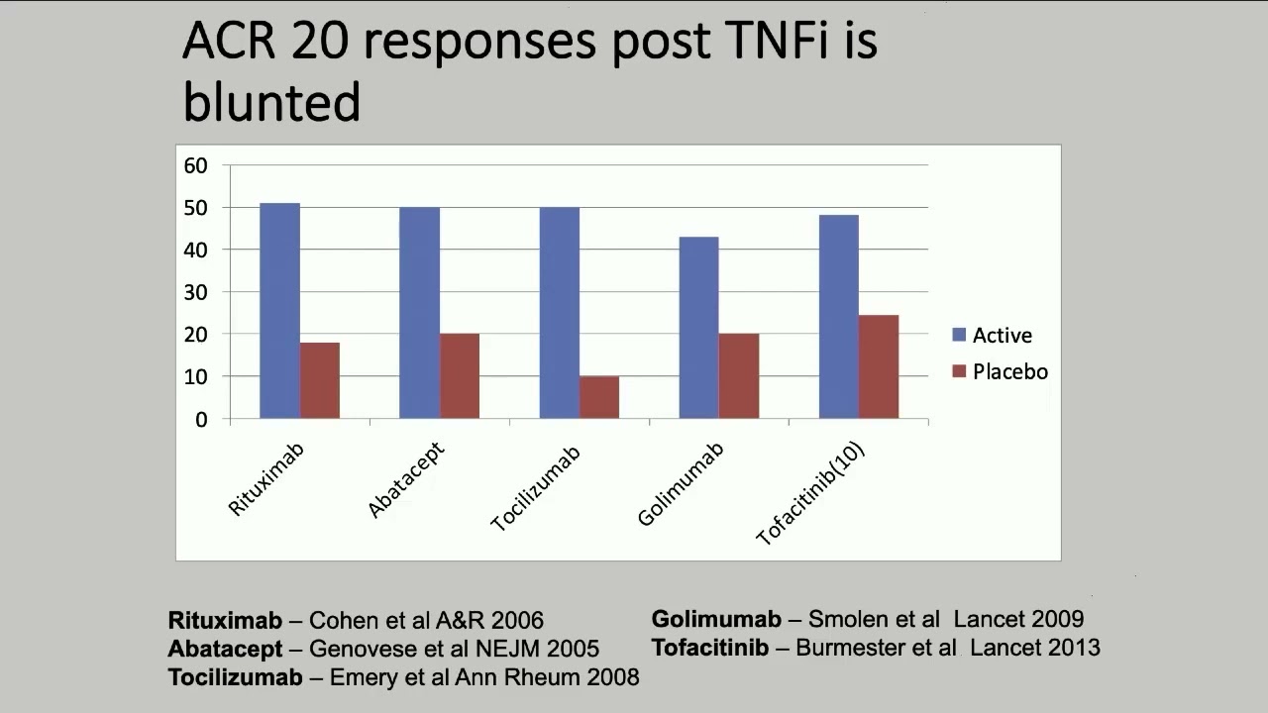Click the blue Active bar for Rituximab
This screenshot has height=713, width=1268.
pos(279,311)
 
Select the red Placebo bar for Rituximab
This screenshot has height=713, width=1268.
pos(320,380)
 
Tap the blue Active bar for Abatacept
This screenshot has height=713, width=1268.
pos(419,313)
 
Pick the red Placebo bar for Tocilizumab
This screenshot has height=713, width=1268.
pos(599,397)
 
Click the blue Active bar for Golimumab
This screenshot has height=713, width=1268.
pos(699,328)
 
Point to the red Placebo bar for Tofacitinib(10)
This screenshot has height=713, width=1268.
pos(879,366)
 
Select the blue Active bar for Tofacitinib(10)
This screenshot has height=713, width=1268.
pos(839,317)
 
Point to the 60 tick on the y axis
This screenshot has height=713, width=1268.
pos(195,165)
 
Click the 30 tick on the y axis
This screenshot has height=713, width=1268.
pos(195,292)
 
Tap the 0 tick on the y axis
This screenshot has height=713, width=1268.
pos(201,419)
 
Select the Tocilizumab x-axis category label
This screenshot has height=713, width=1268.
pos(536,489)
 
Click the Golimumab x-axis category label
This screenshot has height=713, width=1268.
pos(682,484)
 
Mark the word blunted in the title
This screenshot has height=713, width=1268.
pos(271,102)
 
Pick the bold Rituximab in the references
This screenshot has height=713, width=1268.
pos(225,621)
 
